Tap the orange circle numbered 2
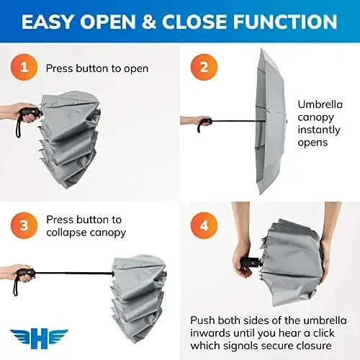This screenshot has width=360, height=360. tap(203, 69)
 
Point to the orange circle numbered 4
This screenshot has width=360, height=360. tap(204, 225)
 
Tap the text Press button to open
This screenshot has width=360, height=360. tap(97, 69)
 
